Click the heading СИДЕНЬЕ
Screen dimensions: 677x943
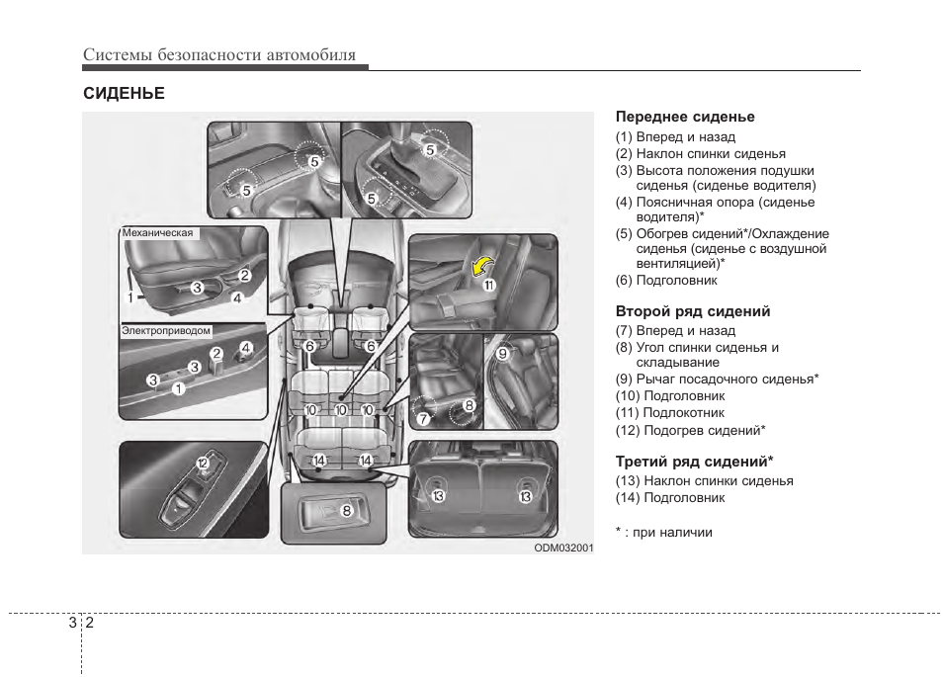124,94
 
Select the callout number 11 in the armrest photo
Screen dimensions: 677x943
488,285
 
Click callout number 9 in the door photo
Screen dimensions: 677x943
502,353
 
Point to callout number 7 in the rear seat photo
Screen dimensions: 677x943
423,418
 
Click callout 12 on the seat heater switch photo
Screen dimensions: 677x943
202,463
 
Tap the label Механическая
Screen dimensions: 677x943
157,234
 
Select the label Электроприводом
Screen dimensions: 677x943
166,331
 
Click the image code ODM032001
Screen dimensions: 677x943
563,547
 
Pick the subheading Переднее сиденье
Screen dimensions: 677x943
685,118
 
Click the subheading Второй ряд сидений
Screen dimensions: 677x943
693,311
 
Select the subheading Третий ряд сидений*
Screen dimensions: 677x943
694,462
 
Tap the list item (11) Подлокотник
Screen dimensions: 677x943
670,413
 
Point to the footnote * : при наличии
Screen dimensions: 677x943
663,532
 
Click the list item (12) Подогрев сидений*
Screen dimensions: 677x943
691,430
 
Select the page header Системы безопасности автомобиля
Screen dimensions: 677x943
219,55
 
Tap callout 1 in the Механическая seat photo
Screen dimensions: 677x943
129,296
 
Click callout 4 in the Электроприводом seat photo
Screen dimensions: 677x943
246,348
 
